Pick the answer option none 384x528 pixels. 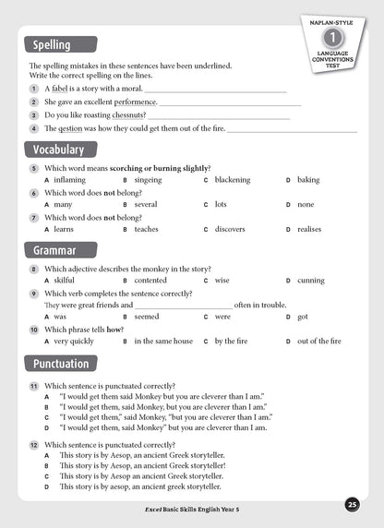click(x=306, y=204)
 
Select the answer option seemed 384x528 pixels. click(x=147, y=317)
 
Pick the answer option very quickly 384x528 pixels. click(x=74, y=341)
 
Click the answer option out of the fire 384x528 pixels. click(x=319, y=341)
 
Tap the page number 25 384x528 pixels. click(x=353, y=504)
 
